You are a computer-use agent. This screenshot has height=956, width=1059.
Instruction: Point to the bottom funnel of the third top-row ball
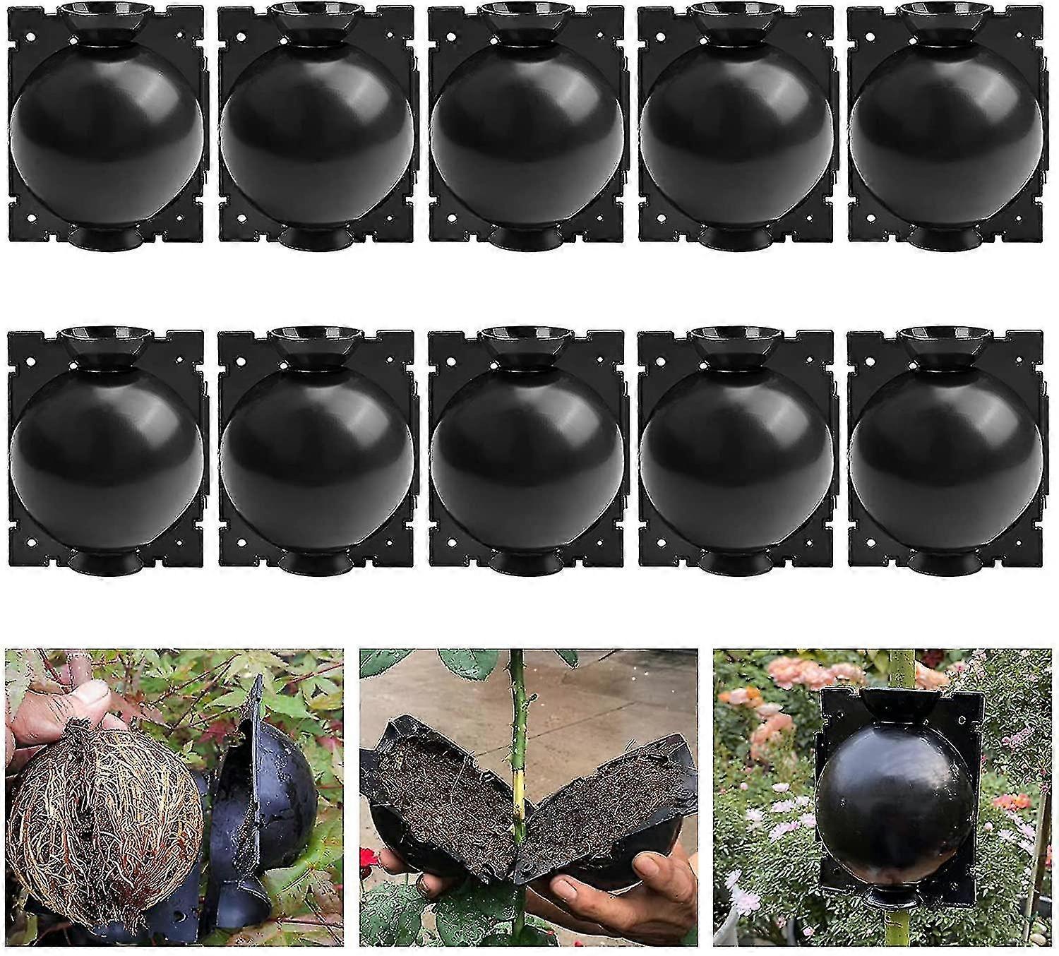click(526, 237)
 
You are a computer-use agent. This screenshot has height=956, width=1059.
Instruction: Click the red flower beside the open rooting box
click(369, 858)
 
